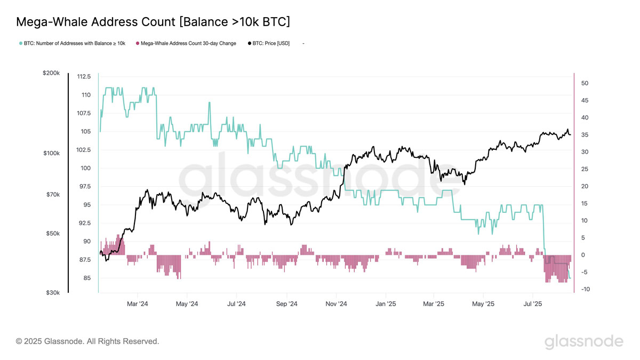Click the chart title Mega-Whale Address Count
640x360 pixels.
[153, 22]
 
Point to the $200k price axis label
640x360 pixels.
[51, 73]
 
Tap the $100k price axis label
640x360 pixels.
[51, 153]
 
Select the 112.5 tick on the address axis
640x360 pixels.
[83, 76]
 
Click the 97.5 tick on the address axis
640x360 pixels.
[83, 186]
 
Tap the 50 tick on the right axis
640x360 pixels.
[585, 83]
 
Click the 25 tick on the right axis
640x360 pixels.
[585, 169]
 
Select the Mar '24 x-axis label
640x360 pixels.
[138, 304]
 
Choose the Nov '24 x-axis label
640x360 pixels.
[336, 304]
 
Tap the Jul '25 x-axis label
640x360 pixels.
[533, 304]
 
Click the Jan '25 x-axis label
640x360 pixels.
[386, 304]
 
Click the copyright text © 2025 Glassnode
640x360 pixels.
[87, 341]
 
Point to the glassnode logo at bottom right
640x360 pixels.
[583, 341]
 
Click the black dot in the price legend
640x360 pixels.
[250, 43]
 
